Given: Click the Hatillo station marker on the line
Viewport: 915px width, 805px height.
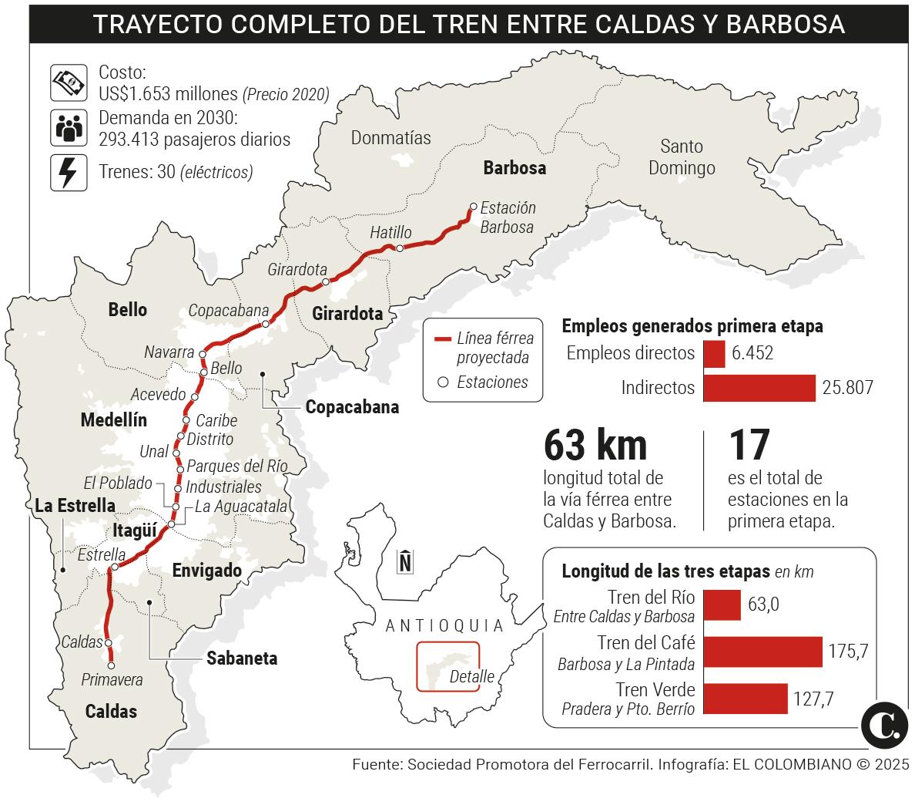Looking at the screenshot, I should [x=400, y=248].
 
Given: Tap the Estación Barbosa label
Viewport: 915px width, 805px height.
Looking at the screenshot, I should [x=507, y=217].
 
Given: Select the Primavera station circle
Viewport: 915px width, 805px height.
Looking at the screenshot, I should [x=112, y=665].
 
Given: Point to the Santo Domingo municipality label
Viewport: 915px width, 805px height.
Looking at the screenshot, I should [x=682, y=157].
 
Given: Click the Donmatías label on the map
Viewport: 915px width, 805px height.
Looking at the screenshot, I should [x=390, y=138].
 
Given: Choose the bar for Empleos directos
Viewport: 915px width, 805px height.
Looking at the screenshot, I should [x=714, y=354].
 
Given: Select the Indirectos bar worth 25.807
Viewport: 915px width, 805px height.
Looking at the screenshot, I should [x=759, y=387].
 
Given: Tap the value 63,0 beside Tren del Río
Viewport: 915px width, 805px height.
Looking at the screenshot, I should [x=763, y=604].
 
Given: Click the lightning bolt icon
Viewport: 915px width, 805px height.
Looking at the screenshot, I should [x=68, y=172].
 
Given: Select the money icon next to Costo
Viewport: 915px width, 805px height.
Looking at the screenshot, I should [x=68, y=82].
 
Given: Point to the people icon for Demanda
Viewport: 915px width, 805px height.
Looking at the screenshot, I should [x=68, y=127].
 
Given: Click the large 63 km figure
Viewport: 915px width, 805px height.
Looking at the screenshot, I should [x=595, y=445].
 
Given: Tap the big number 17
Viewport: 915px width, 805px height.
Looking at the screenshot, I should [x=749, y=445].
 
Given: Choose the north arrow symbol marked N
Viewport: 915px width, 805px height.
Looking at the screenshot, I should [x=404, y=561].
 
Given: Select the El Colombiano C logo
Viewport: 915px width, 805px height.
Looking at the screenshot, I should [x=883, y=725].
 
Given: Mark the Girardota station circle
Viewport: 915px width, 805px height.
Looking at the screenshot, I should [x=326, y=282].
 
